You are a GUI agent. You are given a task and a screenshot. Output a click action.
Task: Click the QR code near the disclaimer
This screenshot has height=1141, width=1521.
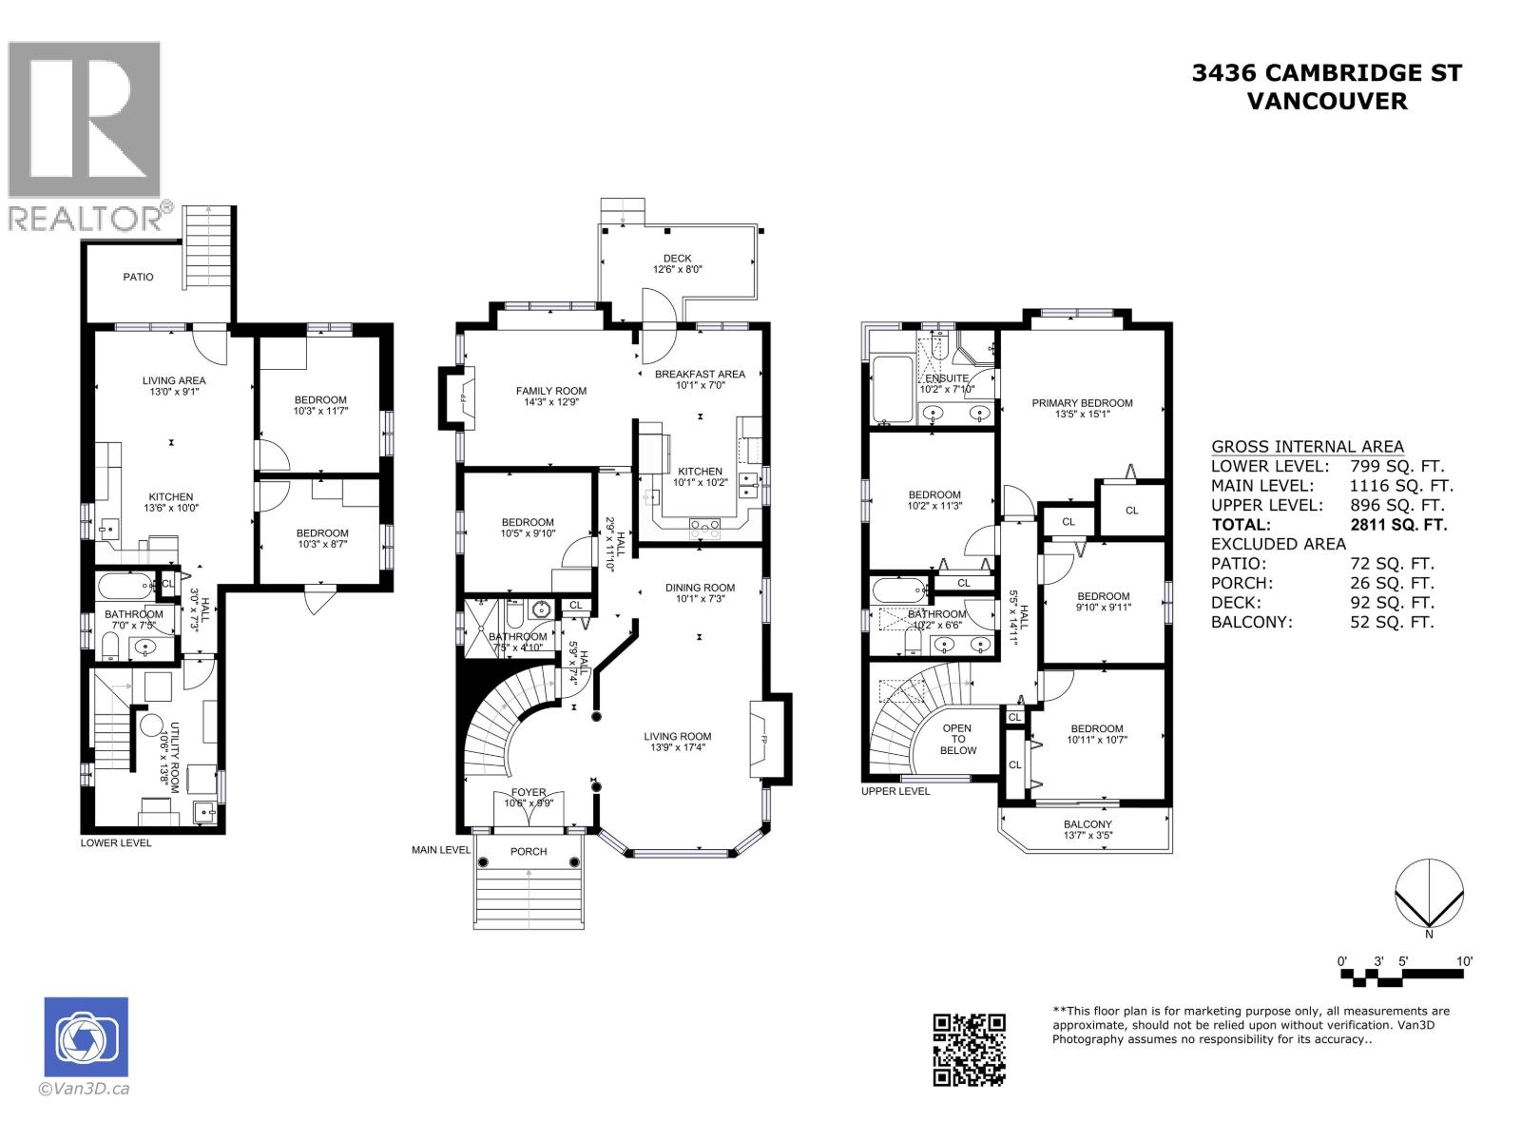point(968,1049)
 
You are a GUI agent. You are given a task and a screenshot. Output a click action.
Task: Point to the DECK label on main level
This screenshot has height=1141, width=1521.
point(677,259)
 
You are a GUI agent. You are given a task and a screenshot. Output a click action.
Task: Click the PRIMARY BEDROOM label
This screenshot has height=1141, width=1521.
point(1082,403)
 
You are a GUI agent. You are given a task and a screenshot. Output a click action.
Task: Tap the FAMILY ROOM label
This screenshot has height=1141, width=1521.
point(550,391)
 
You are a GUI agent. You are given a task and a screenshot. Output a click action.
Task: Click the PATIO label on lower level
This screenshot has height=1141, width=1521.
point(138,278)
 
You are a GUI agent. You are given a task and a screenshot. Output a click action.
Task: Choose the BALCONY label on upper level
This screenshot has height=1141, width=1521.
point(1088,824)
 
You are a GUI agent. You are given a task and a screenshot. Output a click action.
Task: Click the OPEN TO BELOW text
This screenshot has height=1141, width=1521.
point(957,739)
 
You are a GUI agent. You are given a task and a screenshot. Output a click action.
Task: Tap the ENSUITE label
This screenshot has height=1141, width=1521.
point(946,378)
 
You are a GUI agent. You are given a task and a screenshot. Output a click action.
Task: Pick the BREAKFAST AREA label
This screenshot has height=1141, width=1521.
point(700,374)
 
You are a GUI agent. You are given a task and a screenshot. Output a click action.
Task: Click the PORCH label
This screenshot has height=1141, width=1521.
point(528,851)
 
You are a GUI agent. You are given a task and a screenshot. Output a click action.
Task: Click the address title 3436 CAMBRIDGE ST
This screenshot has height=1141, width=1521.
point(1326,73)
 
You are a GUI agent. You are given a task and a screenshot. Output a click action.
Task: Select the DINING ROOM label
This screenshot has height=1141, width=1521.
point(700,588)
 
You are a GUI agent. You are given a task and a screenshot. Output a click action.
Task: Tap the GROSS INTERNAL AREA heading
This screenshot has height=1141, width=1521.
point(1306,447)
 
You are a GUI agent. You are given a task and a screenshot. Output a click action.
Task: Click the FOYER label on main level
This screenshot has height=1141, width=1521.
point(529,792)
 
